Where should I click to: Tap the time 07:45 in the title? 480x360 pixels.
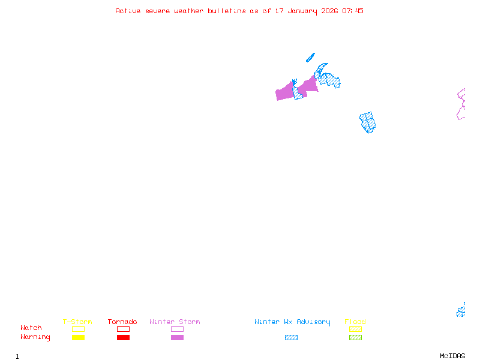(x=353, y=11)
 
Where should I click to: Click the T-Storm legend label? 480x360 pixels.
(x=77, y=322)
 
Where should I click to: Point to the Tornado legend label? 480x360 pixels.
(x=122, y=322)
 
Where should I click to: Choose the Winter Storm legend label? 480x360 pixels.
(x=175, y=322)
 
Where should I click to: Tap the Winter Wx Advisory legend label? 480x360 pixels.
(x=292, y=322)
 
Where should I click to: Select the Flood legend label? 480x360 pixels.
(x=355, y=322)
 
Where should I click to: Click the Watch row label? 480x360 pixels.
(x=31, y=328)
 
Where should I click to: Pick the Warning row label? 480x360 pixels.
(x=35, y=337)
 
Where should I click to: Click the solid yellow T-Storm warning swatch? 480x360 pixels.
(x=78, y=337)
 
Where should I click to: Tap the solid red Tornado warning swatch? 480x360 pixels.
(x=123, y=337)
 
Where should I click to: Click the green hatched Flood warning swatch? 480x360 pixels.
(x=355, y=337)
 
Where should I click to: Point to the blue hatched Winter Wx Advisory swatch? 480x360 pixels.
(x=291, y=337)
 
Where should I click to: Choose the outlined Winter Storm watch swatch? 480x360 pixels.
(x=177, y=329)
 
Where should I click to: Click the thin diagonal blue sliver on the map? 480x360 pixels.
(x=310, y=58)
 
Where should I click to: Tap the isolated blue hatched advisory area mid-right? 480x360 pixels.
(x=368, y=122)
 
